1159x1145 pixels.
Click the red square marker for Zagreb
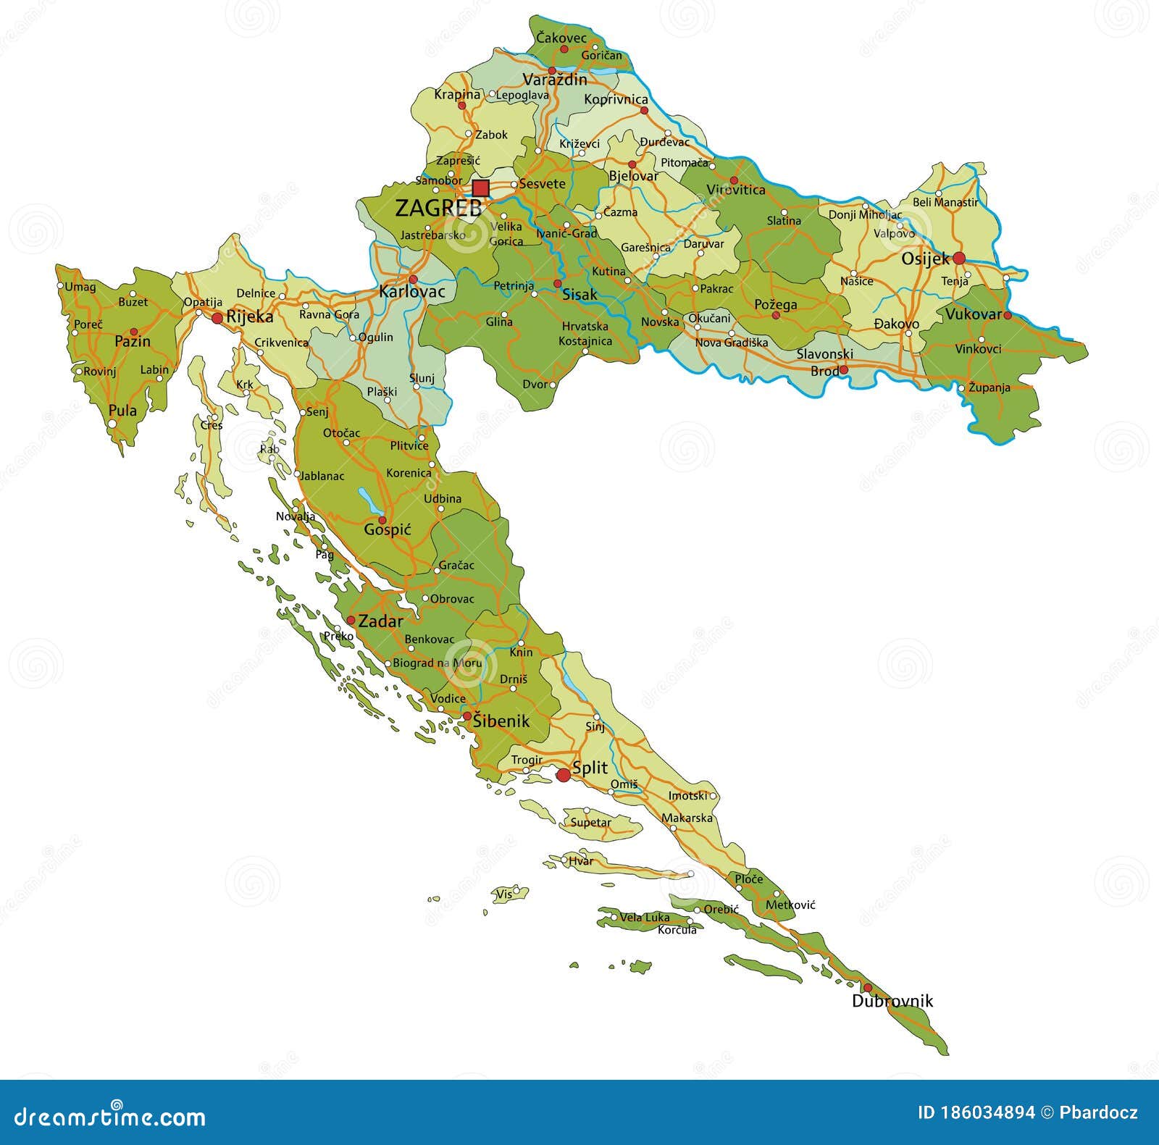[x=480, y=188]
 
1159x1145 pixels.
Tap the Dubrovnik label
[x=892, y=1002]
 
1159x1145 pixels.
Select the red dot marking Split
[x=563, y=776]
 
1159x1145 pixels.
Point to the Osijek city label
[x=924, y=259]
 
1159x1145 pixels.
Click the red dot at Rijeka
[x=217, y=318]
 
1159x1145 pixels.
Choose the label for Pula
[x=122, y=411]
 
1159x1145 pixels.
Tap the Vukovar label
[x=973, y=314]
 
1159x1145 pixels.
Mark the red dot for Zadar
[x=351, y=621]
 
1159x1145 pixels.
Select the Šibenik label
[x=501, y=721]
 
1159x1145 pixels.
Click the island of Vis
[x=510, y=893]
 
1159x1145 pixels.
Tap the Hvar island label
[x=581, y=861]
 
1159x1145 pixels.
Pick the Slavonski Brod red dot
[x=844, y=370]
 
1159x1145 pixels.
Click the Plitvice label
[x=409, y=446]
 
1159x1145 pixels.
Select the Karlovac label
[x=412, y=293]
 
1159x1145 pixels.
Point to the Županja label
[x=989, y=387]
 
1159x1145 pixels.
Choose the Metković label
[x=790, y=905]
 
